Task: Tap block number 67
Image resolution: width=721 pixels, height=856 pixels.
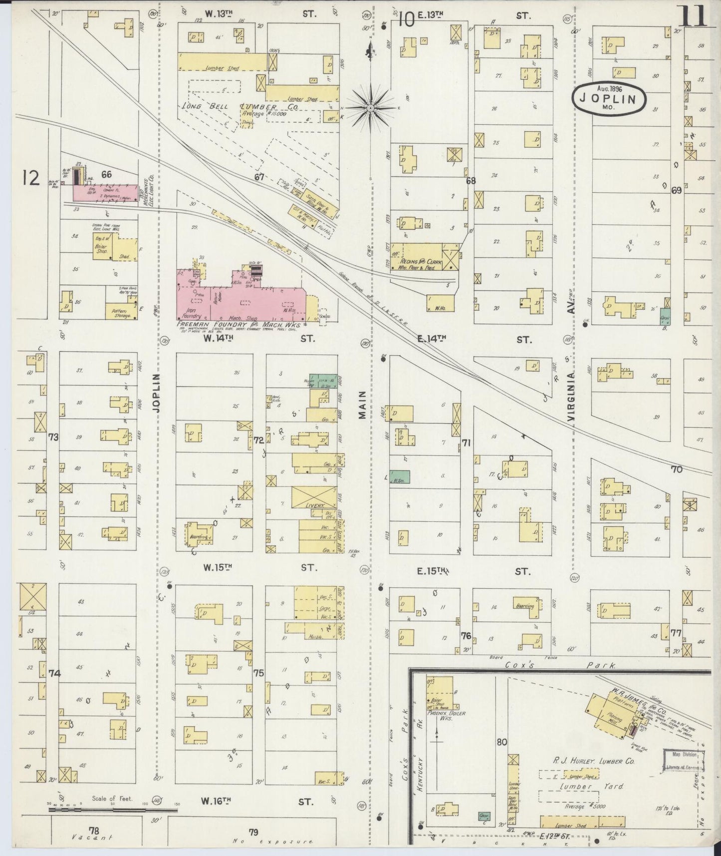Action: pyautogui.click(x=258, y=177)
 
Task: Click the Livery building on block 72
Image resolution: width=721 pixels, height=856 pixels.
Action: pyautogui.click(x=314, y=498)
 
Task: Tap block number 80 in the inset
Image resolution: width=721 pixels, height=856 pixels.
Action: pyautogui.click(x=501, y=742)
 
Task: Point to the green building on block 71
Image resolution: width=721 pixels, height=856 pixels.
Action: pyautogui.click(x=400, y=477)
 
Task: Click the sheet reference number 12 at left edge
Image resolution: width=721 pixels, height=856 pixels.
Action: pyautogui.click(x=31, y=177)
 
